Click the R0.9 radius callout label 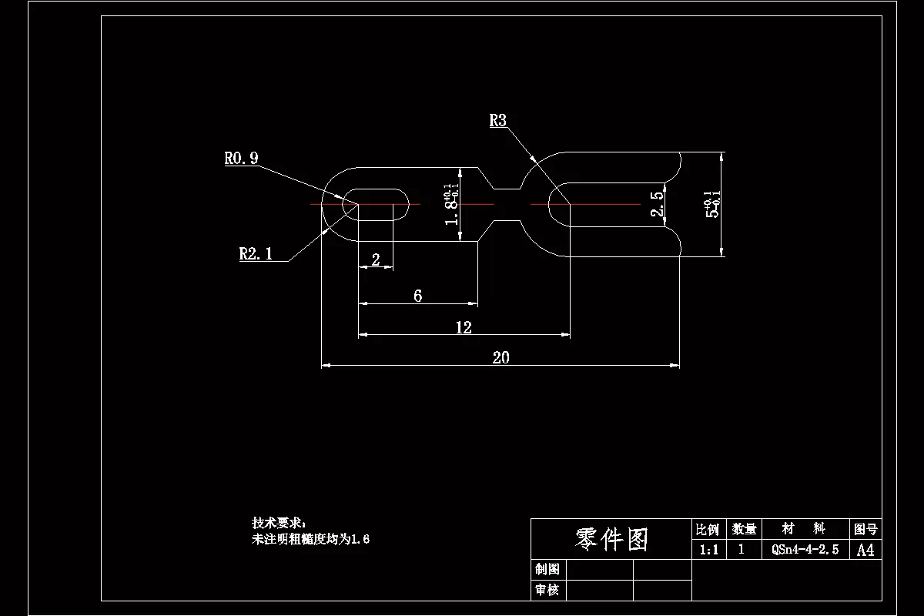(241, 159)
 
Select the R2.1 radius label (256, 254)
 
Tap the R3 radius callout (498, 120)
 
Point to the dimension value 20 (500, 357)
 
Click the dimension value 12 (463, 327)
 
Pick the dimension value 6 (417, 296)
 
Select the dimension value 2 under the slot (376, 260)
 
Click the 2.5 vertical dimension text (657, 206)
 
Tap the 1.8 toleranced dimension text (452, 205)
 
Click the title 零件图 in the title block (611, 539)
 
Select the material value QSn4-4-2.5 (805, 550)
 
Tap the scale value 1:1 (708, 550)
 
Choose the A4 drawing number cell (865, 550)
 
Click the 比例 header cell (708, 529)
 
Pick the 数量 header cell (744, 529)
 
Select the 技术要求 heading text (278, 523)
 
